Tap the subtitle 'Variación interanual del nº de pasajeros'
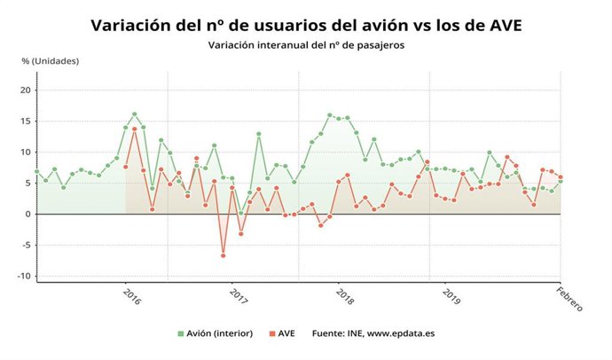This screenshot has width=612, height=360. point(305,44)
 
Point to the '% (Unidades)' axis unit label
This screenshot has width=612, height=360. point(51,61)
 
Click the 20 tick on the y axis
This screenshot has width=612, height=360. point(26,90)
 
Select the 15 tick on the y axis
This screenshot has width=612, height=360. point(26,121)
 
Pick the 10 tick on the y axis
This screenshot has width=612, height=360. point(26,153)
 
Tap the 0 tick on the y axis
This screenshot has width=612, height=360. point(28,215)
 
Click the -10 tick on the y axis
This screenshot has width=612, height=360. point(24,277)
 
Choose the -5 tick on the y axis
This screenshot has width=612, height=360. point(26,246)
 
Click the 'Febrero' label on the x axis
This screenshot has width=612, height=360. point(569,300)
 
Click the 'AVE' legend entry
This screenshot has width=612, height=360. point(283,333)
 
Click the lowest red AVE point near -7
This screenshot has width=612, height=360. point(223,255)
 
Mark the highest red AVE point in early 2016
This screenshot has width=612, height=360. point(134,129)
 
